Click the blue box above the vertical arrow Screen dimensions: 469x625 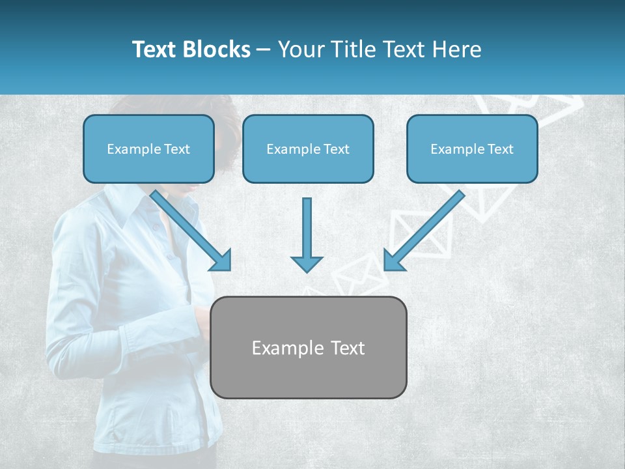308,149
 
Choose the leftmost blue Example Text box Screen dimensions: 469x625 148,149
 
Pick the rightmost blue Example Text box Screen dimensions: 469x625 472,149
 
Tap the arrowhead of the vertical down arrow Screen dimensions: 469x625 307,263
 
